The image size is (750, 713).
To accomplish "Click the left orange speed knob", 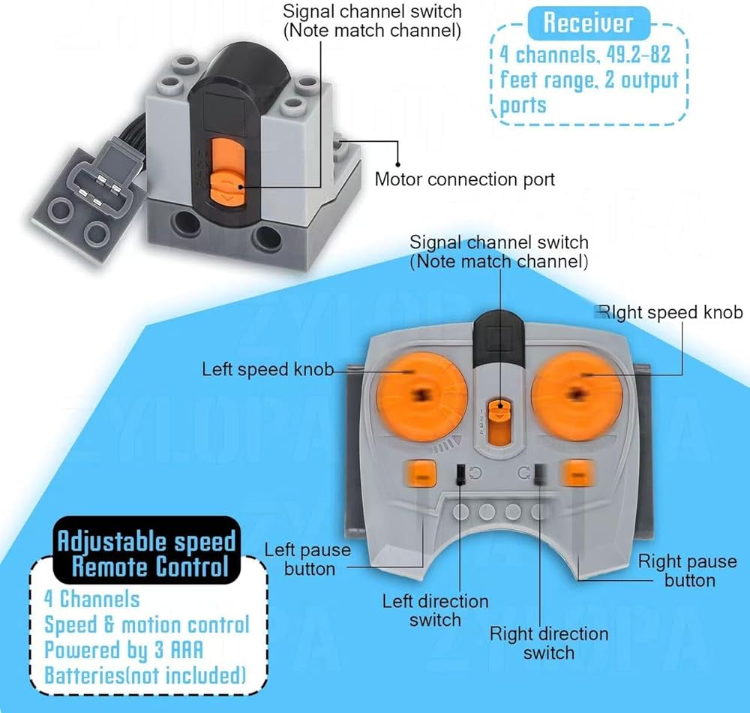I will [415, 391].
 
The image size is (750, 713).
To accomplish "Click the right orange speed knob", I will [576, 391].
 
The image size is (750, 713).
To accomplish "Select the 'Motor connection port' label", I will [465, 179].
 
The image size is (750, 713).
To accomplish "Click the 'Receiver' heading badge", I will [588, 23].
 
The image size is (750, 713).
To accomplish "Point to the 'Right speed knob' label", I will [670, 312].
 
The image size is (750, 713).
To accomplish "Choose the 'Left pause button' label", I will [307, 559].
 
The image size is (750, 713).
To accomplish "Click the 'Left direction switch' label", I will [435, 610].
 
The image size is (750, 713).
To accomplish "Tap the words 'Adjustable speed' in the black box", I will [147, 540].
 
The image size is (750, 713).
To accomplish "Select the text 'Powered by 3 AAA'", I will [124, 649].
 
